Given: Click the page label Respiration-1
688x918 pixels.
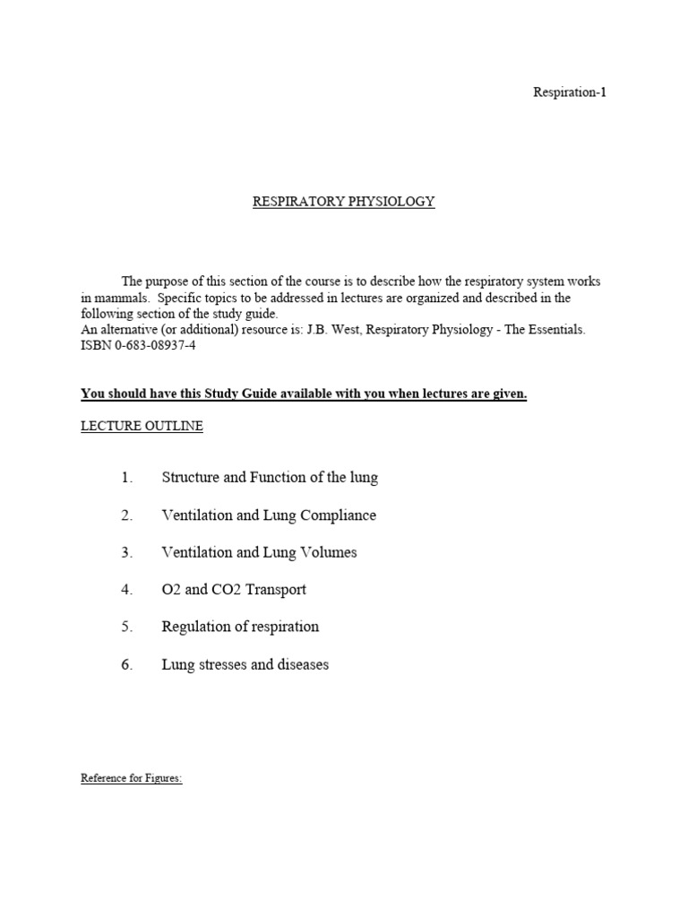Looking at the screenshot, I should [570, 92].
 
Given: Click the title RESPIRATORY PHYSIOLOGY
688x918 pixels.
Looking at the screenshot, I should [343, 202].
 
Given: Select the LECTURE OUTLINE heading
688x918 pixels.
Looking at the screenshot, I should [142, 427].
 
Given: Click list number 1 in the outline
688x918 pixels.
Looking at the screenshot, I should [126, 478].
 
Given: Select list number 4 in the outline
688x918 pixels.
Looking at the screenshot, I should [126, 590].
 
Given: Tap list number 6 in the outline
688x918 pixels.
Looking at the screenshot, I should [126, 665].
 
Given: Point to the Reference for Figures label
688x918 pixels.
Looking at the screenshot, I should [132, 778].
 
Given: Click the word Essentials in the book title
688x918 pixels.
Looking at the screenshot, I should [553, 330].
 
